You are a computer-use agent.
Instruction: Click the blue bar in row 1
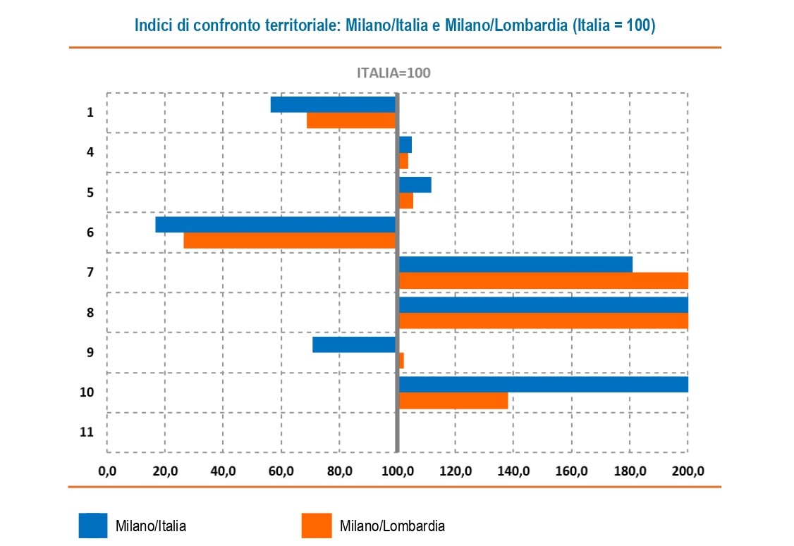coord(333,104)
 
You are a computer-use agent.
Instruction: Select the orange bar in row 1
coord(350,120)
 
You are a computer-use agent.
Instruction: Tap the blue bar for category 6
coord(275,224)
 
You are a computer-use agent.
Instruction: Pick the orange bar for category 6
coord(289,240)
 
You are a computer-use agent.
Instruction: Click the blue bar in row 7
coord(515,264)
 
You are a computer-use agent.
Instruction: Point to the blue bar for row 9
coord(354,345)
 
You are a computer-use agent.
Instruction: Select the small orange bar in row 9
coord(401,361)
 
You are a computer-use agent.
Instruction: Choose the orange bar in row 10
coord(453,401)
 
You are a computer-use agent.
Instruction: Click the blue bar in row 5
coord(415,185)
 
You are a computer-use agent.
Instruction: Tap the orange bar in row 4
coord(404,161)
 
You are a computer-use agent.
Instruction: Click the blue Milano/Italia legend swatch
coord(93,526)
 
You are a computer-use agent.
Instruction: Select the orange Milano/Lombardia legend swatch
coord(316,526)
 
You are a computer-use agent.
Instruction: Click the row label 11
coord(87,433)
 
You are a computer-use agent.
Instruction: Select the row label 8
coord(90,312)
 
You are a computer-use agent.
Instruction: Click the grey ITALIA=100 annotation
coord(393,73)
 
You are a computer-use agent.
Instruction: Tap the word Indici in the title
coord(153,25)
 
